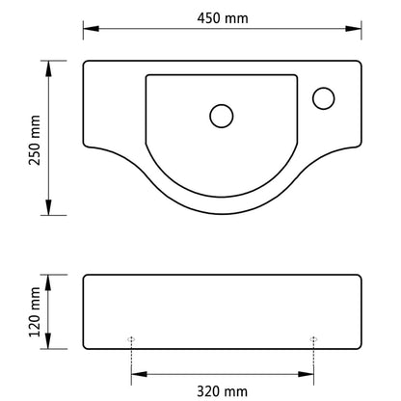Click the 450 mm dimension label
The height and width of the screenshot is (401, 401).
(221, 16)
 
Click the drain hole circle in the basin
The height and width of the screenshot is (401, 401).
(221, 116)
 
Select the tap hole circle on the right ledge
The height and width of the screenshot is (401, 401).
(323, 97)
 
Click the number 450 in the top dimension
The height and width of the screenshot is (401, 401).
(209, 16)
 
